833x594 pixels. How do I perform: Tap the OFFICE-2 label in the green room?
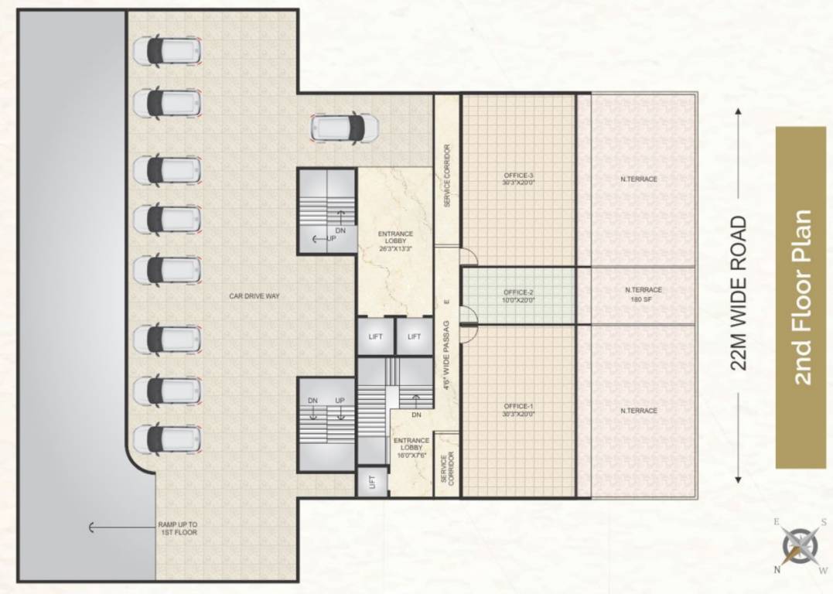518,295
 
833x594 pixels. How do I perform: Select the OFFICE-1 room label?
518,410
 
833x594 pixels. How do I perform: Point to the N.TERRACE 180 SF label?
643,294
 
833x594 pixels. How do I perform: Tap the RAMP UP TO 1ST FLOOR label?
177,528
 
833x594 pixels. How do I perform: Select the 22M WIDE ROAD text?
739,293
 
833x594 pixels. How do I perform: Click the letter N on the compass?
776,570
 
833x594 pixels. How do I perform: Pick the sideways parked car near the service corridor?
344,128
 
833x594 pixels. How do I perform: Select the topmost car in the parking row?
168,50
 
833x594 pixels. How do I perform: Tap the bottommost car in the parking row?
168,439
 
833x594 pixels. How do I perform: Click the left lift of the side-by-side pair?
375,336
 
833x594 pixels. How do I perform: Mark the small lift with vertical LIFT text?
371,482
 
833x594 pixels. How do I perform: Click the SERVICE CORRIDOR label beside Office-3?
447,176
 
